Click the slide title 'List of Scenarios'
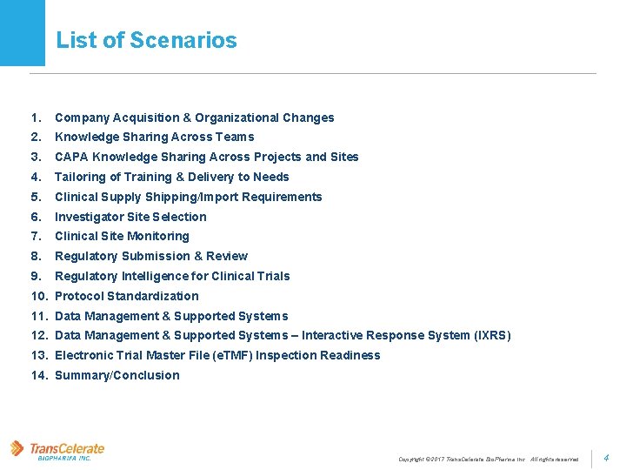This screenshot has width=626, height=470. click(146, 40)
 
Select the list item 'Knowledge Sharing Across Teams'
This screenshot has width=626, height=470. click(154, 137)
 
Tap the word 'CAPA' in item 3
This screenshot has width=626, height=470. click(71, 157)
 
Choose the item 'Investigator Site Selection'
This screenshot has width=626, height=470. click(130, 217)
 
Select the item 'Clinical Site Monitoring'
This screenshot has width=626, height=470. click(122, 236)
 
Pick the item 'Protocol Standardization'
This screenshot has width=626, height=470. click(126, 296)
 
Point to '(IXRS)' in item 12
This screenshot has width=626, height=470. click(491, 335)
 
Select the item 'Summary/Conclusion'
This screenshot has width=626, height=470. click(117, 375)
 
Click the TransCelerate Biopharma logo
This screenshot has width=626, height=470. click(57, 450)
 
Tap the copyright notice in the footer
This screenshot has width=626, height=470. click(488, 459)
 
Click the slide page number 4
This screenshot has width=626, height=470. click(606, 457)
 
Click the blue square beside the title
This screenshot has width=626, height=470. click(22, 33)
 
